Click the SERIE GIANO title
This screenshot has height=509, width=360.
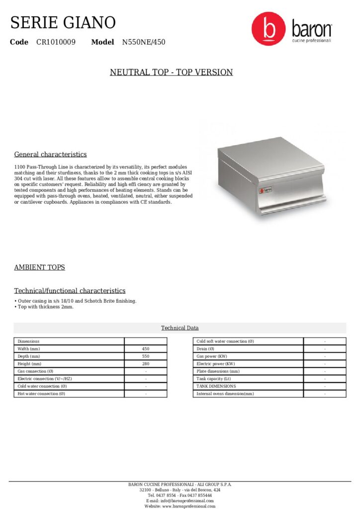point(63,22)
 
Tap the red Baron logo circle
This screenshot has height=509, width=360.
point(269,28)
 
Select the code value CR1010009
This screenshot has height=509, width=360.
point(56,42)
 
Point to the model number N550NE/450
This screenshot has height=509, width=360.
point(144,42)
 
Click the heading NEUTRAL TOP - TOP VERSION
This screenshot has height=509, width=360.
point(171,73)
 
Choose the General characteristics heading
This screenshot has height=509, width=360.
point(50,155)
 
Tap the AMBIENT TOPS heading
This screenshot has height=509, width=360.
point(39,267)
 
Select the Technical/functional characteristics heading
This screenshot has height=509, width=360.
point(70,291)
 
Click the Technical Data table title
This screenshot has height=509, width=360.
point(180,328)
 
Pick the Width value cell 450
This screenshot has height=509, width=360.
point(146,349)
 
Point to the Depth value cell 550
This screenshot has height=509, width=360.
point(146,356)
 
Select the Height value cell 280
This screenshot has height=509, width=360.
point(146,364)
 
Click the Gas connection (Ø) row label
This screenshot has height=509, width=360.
point(35,371)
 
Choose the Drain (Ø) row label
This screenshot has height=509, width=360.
point(206,349)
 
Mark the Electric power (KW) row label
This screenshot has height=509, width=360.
point(214,364)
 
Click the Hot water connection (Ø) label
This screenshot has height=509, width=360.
point(41,394)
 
